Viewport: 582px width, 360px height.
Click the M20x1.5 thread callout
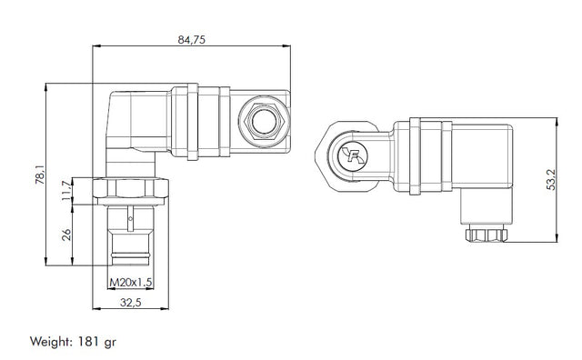point(131,283)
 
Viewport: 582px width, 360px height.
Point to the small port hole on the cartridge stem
point(131,218)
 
